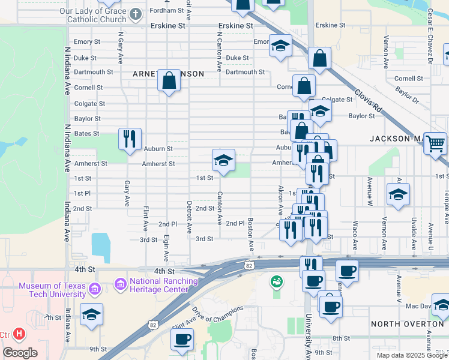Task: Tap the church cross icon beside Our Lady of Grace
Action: point(136,14)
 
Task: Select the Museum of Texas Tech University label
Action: point(52,290)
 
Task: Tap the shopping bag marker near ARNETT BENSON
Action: point(169,80)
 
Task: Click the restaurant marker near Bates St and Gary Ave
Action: point(130,139)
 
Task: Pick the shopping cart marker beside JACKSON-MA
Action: point(435,144)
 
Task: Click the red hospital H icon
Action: point(20,334)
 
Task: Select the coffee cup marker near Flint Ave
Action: point(182,339)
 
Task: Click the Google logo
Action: point(20,353)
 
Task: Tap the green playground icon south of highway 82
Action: point(276,281)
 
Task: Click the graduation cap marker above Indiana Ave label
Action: point(91,314)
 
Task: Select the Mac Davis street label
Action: point(419,306)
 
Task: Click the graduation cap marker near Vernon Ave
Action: point(397,194)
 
